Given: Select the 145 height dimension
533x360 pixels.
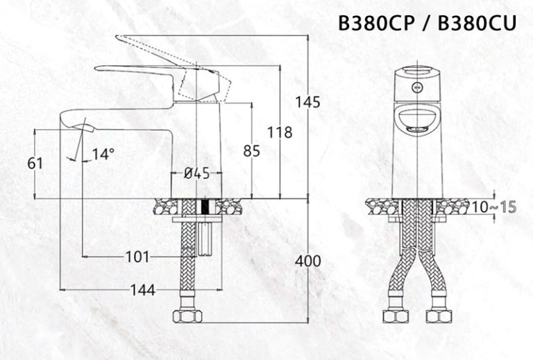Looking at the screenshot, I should pos(307,102).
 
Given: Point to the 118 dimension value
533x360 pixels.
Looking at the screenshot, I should pos(280,132).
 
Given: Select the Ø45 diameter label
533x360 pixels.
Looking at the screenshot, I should pos(196,174).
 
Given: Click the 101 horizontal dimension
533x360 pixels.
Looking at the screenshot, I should pos(137,257).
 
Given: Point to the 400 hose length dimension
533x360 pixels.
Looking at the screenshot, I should pos(307,261).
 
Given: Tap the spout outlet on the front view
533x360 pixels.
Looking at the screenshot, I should pos(416,130).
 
